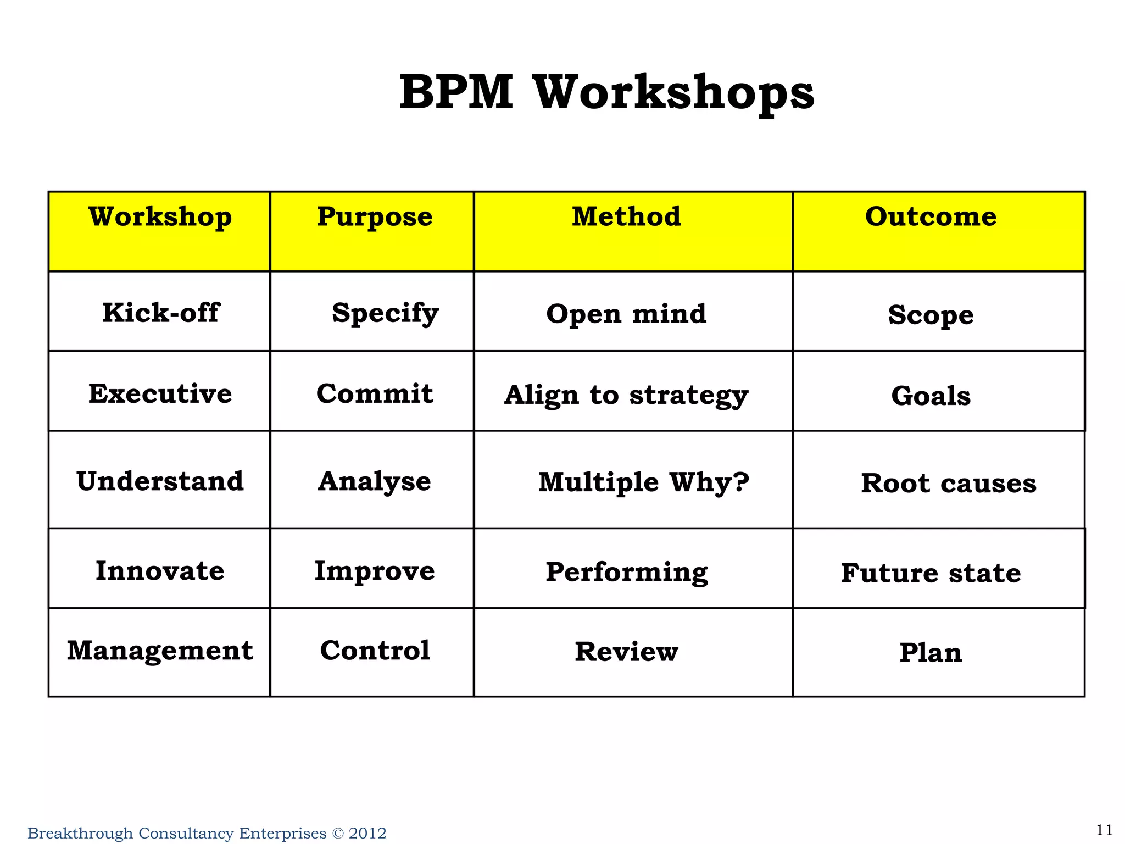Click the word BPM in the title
pos(456,92)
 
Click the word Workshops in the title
pos(674,93)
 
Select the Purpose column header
pos(375,216)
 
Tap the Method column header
pos(626,216)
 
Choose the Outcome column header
pos(931,216)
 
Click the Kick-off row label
pos(160,313)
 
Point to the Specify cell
pos(385,313)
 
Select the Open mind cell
pos(626,314)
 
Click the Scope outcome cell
pos(931,315)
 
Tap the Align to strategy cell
pos(626,395)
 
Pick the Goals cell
pos(931,396)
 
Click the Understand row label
pos(160,481)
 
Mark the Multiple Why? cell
pos(643,482)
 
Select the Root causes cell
pos(948,484)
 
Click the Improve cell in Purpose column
pos(375,571)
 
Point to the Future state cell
pos(931,573)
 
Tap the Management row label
pos(160,651)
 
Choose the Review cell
pos(626,652)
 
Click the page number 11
pos(1104,830)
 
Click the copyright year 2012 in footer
pos(367,834)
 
